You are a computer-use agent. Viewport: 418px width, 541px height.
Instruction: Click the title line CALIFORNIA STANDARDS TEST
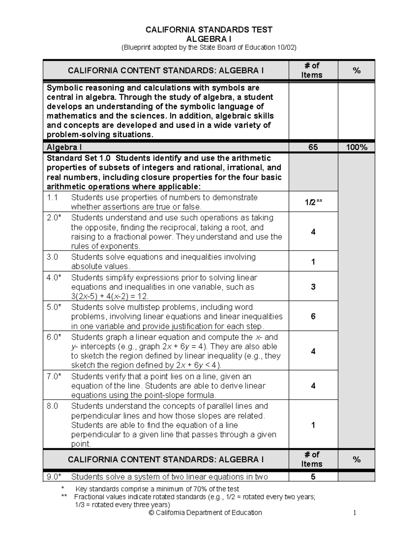[209, 30]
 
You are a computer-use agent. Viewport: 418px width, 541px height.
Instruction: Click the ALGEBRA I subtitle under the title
[209, 39]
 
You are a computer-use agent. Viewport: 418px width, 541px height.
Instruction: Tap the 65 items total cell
[313, 147]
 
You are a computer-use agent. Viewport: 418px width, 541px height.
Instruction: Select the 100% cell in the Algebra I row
[356, 147]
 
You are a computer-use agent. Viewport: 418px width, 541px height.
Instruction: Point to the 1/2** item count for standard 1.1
[313, 202]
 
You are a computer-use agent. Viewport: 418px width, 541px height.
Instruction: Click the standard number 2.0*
[54, 218]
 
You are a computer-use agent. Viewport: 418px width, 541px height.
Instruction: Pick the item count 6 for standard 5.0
[313, 316]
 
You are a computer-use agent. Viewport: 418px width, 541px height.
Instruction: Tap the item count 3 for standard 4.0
[313, 287]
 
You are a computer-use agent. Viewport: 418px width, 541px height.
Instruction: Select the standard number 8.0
[52, 406]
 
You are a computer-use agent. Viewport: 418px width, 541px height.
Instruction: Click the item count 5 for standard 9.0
[313, 477]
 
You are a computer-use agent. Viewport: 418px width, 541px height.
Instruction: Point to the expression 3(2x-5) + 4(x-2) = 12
[110, 296]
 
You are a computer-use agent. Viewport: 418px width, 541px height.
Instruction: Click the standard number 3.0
[52, 257]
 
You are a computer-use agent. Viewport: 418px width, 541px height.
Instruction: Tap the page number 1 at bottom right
[355, 512]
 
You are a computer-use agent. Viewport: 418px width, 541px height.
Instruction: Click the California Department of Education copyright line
[205, 512]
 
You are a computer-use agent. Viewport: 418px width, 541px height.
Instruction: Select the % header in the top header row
[356, 71]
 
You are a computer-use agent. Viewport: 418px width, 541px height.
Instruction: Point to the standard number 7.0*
[54, 377]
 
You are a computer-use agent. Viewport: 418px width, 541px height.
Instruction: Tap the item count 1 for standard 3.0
[313, 262]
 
